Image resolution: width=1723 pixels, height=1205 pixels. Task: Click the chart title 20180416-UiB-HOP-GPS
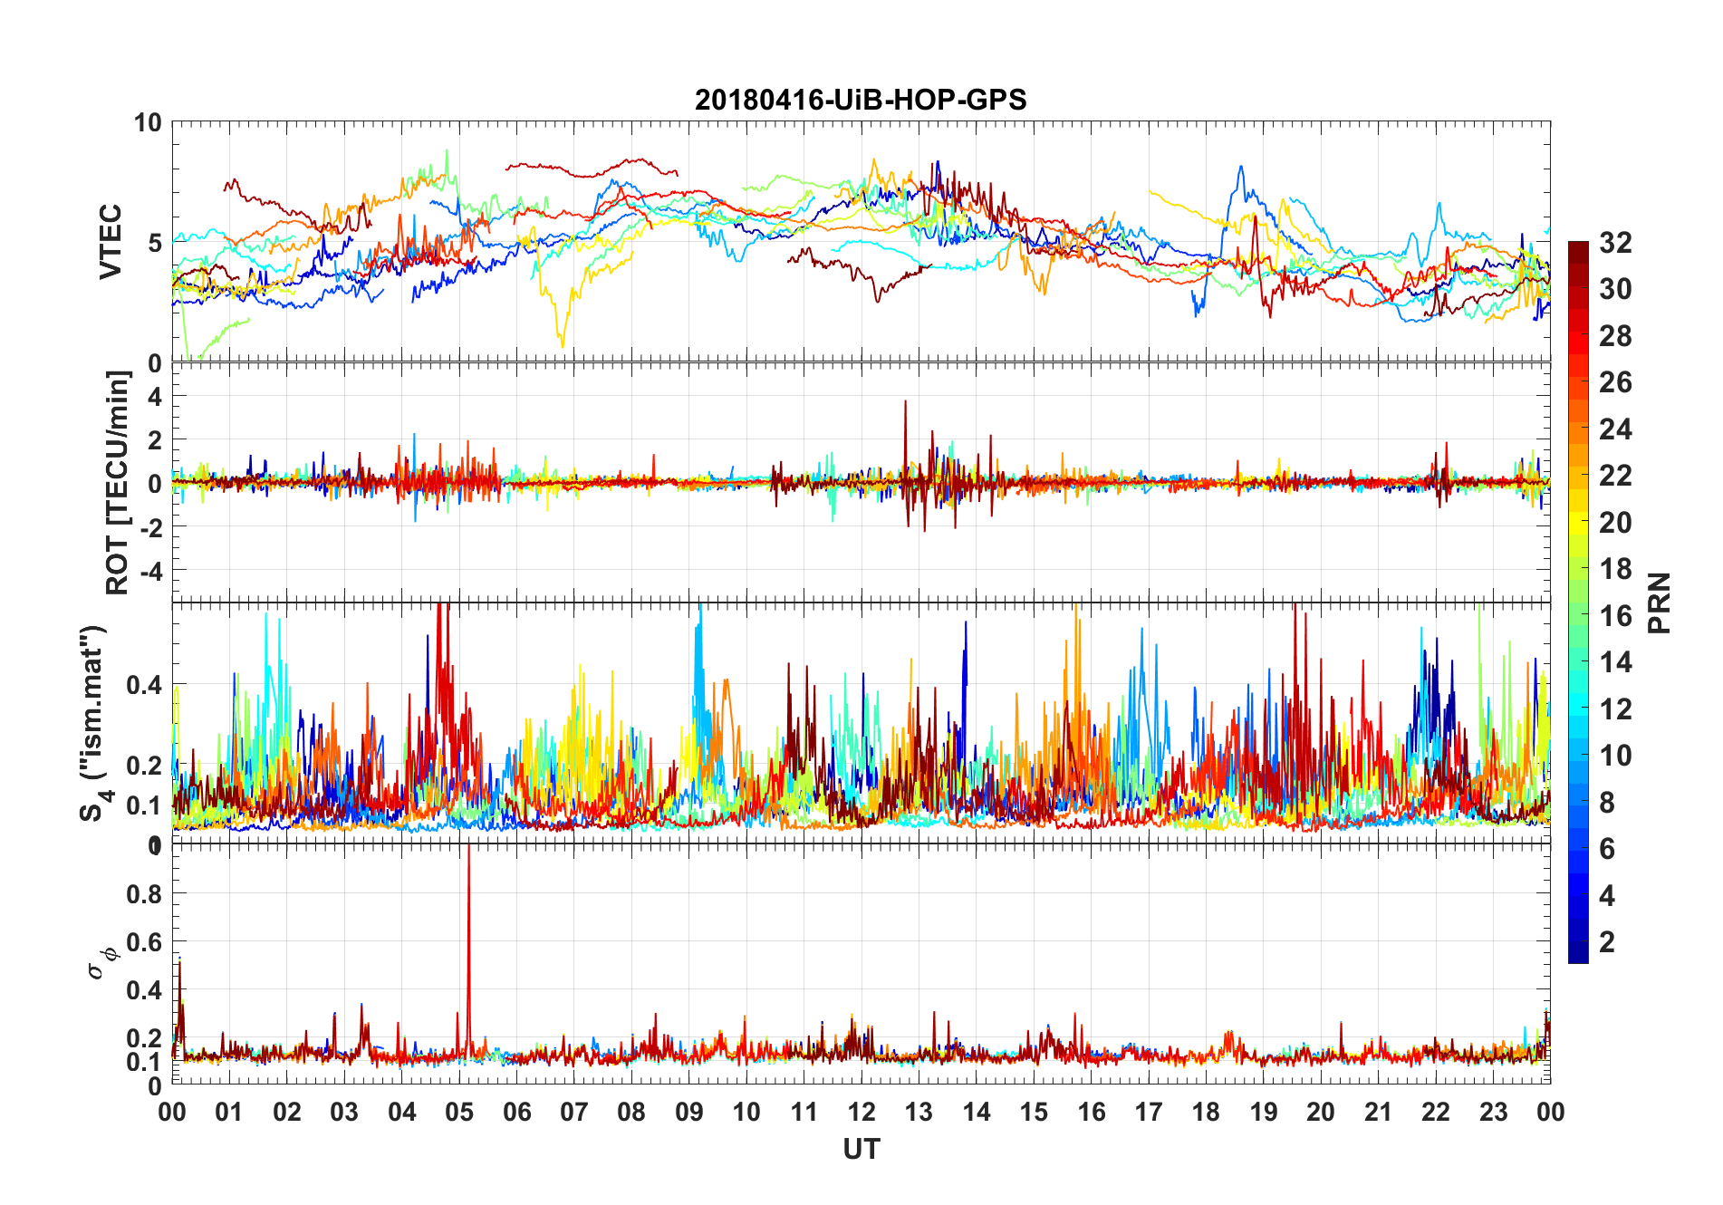(x=861, y=100)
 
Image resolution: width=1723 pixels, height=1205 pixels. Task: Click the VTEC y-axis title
(x=111, y=242)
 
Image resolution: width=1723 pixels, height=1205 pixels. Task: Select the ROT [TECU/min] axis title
(x=118, y=482)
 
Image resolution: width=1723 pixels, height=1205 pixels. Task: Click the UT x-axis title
(x=861, y=1149)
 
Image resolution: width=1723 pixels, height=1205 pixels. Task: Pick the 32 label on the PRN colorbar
(x=1615, y=243)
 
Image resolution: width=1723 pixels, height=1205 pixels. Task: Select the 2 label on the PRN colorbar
(x=1607, y=942)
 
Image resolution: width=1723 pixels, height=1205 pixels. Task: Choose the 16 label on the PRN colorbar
(x=1615, y=616)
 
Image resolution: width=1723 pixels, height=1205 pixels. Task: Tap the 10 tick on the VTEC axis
(x=148, y=123)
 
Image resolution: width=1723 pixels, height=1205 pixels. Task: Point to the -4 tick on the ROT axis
(x=148, y=571)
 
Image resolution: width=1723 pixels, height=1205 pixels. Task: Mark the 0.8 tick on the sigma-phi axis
(x=143, y=893)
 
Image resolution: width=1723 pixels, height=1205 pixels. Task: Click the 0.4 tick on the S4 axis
(x=143, y=684)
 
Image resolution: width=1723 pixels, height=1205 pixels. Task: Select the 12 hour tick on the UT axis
(x=861, y=1112)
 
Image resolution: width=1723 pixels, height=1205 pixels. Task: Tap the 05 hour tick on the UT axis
(x=459, y=1112)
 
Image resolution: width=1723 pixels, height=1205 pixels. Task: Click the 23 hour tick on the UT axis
(x=1493, y=1112)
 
